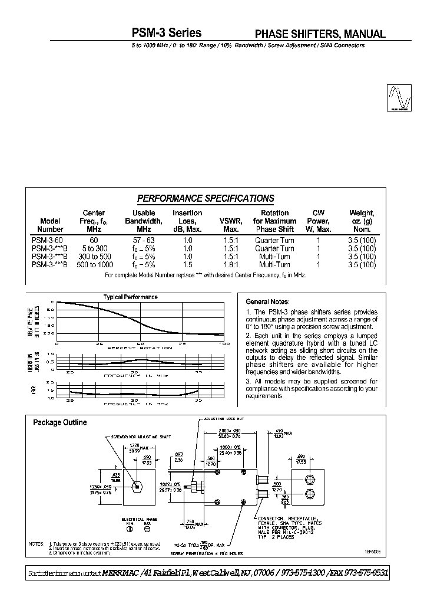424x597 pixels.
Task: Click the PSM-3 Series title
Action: click(x=168, y=34)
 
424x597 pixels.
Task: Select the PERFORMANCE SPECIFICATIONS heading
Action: click(x=206, y=198)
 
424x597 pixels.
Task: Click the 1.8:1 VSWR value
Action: click(x=231, y=265)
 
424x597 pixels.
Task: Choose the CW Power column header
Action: click(x=319, y=221)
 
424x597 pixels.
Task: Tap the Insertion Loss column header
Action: click(x=187, y=221)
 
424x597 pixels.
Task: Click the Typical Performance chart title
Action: click(x=130, y=297)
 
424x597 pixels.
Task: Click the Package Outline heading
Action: click(x=59, y=422)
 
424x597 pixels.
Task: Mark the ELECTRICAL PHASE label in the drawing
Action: click(x=136, y=519)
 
